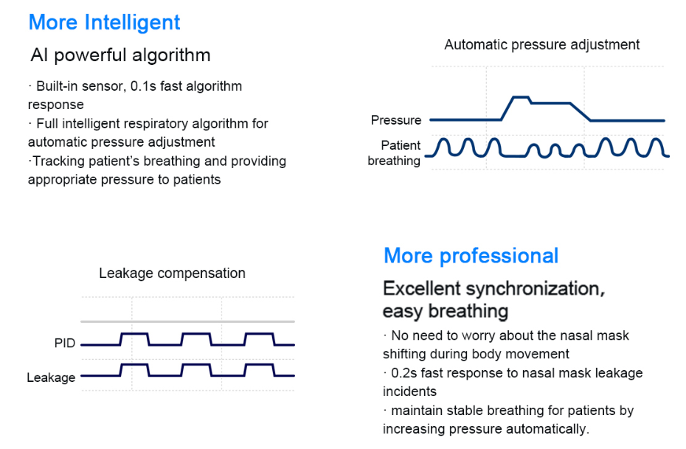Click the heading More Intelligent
click(104, 23)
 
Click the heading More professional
click(471, 256)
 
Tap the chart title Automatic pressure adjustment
click(541, 44)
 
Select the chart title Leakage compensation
click(172, 274)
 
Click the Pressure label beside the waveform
click(396, 120)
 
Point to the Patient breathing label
click(394, 153)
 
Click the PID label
click(65, 343)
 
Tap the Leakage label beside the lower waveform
click(51, 377)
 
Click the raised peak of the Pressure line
click(521, 97)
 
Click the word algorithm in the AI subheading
click(171, 55)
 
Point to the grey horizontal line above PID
click(187, 321)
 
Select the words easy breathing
click(446, 312)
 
